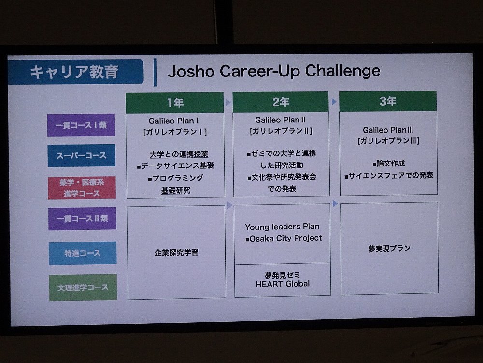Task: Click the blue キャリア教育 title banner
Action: pyautogui.click(x=76, y=72)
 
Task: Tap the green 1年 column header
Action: pyautogui.click(x=175, y=103)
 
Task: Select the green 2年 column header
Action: pyautogui.click(x=281, y=102)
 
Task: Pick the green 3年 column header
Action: pyautogui.click(x=388, y=101)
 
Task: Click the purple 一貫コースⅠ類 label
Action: pyautogui.click(x=81, y=125)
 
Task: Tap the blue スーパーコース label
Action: pyautogui.click(x=81, y=155)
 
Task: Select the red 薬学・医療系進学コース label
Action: pyautogui.click(x=82, y=188)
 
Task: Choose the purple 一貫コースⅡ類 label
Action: pyautogui.click(x=82, y=219)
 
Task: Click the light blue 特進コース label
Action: pyautogui.click(x=83, y=253)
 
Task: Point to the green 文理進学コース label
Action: pyautogui.click(x=83, y=287)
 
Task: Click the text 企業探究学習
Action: pyautogui.click(x=176, y=253)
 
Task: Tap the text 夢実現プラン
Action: pyautogui.click(x=389, y=248)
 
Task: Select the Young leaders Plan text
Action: pyautogui.click(x=282, y=227)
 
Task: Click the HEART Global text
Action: pyautogui.click(x=283, y=284)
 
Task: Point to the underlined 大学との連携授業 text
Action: pyautogui.click(x=179, y=154)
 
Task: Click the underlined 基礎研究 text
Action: pyautogui.click(x=176, y=190)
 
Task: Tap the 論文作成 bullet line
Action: pyautogui.click(x=389, y=164)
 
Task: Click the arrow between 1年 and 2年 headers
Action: pyautogui.click(x=228, y=102)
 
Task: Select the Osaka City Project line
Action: pyautogui.click(x=284, y=238)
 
